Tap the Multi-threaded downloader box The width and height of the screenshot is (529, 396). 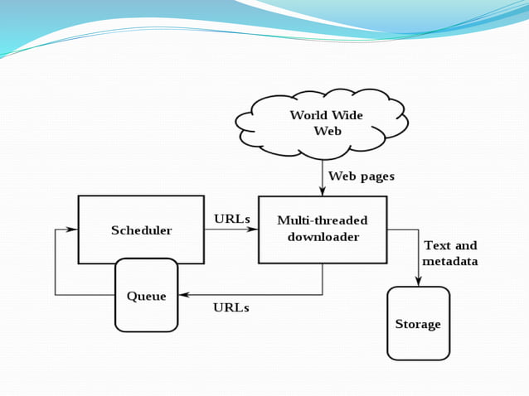tap(323, 229)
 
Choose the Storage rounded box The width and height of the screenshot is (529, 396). tap(418, 323)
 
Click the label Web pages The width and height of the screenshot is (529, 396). tap(362, 176)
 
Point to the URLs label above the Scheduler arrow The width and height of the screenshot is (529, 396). tap(231, 220)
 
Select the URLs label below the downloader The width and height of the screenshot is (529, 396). tap(231, 307)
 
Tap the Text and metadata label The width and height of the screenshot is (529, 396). tap(450, 254)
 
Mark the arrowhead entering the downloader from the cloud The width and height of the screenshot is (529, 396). tap(323, 192)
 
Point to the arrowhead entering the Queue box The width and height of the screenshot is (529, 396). tap(183, 295)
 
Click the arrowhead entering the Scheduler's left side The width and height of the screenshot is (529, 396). tap(74, 229)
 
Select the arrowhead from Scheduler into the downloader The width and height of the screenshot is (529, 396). tap(254, 229)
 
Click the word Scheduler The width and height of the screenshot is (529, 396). tap(142, 230)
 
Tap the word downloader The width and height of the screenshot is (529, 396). tap(323, 238)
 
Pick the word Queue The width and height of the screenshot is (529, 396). tap(147, 297)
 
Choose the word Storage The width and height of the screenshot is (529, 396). tap(418, 324)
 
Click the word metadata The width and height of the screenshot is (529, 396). tap(450, 262)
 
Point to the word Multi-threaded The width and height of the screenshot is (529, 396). tap(323, 221)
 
